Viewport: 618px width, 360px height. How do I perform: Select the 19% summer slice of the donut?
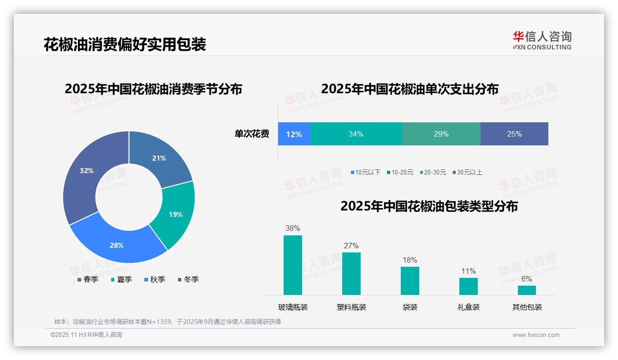tap(174, 213)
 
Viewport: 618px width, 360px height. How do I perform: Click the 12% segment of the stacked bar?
tap(294, 134)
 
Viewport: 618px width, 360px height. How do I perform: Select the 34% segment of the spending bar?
tap(356, 134)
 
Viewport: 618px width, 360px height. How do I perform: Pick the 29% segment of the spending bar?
tap(441, 134)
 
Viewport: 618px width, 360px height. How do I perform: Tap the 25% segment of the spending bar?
tap(514, 134)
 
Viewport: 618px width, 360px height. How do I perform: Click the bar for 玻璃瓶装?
tap(293, 265)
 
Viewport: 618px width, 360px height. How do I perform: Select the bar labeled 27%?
tap(351, 273)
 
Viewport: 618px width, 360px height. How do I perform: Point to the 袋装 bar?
tap(410, 281)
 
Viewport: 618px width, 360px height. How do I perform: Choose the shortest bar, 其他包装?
tap(527, 290)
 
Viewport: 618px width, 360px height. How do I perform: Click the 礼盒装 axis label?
tap(469, 307)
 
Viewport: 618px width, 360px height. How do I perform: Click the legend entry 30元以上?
tap(469, 172)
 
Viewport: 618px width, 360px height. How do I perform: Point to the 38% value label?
tap(292, 228)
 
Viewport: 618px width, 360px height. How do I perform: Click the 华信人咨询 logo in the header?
tap(542, 40)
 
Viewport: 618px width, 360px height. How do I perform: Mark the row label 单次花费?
tap(252, 134)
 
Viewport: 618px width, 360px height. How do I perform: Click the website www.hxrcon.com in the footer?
tap(536, 335)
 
